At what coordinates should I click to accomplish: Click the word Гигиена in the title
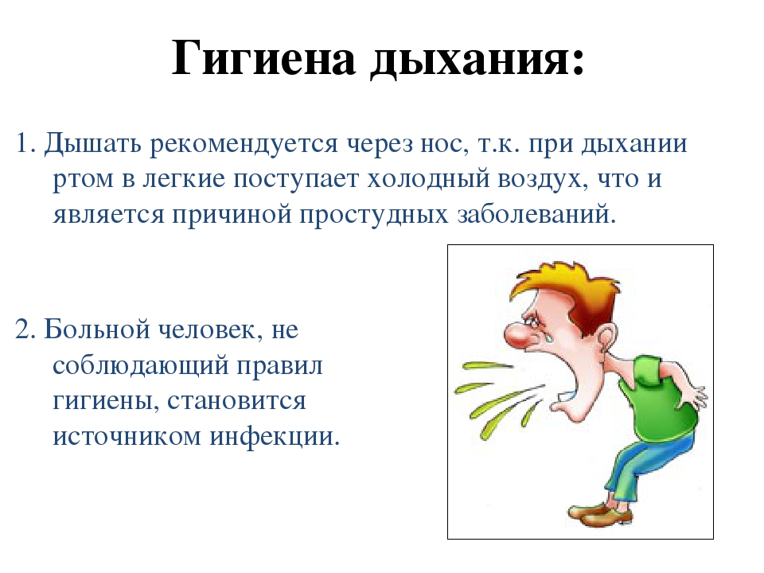pos(263,58)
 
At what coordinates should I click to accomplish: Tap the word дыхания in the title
pos(477,60)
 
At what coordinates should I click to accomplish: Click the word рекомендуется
pos(244,145)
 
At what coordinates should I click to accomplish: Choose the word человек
pos(211,330)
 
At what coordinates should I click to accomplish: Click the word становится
pos(237,401)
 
